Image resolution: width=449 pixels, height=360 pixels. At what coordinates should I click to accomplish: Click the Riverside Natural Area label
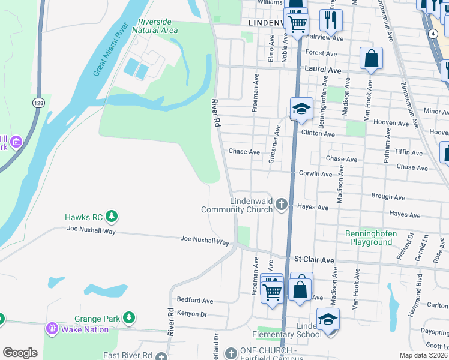pyautogui.click(x=155, y=26)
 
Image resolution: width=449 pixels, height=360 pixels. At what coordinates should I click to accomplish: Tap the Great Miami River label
pyautogui.click(x=112, y=50)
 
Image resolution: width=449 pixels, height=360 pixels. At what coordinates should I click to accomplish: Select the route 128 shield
pyautogui.click(x=38, y=103)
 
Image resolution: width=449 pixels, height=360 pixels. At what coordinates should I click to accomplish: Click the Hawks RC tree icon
pyautogui.click(x=111, y=216)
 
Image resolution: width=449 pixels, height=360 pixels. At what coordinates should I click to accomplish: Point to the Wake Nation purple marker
pyautogui.click(x=52, y=329)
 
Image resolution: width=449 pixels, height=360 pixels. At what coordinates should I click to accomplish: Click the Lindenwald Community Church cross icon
pyautogui.click(x=280, y=205)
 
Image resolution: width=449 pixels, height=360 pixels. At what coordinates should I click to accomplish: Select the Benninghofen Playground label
pyautogui.click(x=369, y=238)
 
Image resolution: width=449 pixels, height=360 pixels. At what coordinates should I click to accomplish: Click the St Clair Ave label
pyautogui.click(x=313, y=260)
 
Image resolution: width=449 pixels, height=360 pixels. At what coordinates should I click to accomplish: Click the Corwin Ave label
pyautogui.click(x=315, y=174)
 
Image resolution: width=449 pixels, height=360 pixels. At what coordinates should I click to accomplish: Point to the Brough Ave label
pyautogui.click(x=388, y=196)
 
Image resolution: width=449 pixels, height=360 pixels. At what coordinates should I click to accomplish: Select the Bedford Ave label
pyautogui.click(x=194, y=300)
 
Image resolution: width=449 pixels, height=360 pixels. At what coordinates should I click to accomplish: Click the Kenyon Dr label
pyautogui.click(x=191, y=314)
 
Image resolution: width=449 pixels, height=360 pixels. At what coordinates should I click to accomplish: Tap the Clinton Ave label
pyautogui.click(x=318, y=134)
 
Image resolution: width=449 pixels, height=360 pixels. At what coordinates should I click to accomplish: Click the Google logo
pyautogui.click(x=20, y=352)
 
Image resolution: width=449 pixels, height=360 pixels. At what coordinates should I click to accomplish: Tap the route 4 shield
pyautogui.click(x=433, y=34)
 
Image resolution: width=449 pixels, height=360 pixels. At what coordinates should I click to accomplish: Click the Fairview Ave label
pyautogui.click(x=325, y=38)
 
